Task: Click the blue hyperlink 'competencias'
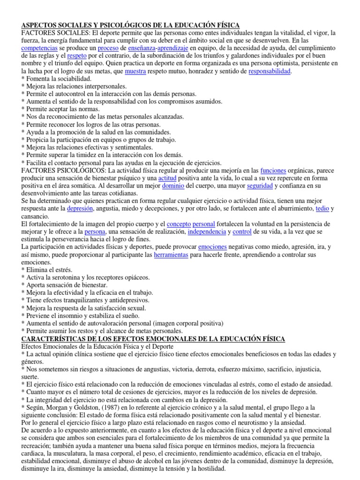[x=40, y=48]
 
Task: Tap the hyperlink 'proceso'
[x=108, y=48]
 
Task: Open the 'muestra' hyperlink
[x=136, y=71]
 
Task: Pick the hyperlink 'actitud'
[x=166, y=179]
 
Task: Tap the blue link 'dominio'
[x=173, y=186]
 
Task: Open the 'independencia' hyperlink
[x=206, y=232]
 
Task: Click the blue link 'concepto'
[x=179, y=224]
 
